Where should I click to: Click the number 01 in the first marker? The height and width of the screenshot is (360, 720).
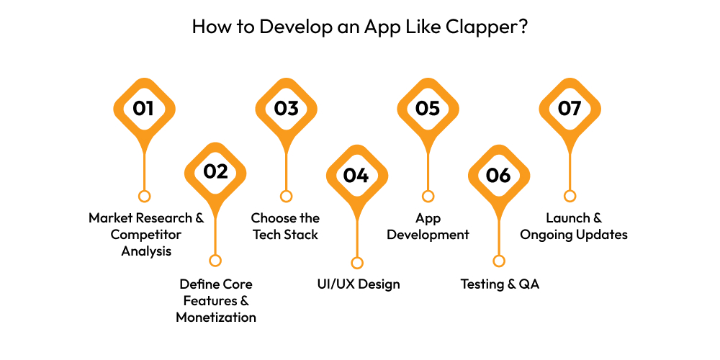point(144,109)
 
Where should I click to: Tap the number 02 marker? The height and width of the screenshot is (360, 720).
point(215,171)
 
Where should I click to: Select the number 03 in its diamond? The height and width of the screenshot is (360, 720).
point(286,109)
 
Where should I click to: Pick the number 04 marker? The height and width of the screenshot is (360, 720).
point(356,176)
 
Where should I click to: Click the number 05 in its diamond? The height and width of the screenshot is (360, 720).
point(428,109)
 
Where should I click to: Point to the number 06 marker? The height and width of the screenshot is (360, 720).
point(498,176)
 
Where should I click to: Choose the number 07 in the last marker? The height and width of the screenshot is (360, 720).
point(570,109)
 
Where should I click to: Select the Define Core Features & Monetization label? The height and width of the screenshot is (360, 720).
point(216,300)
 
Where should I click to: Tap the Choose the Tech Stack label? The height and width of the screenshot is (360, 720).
point(285,226)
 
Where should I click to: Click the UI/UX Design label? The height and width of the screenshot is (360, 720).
point(359,284)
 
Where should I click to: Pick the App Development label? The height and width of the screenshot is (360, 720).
point(428,226)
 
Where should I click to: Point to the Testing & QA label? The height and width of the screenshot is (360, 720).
point(500,284)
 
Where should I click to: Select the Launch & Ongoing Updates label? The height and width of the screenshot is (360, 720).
point(573,226)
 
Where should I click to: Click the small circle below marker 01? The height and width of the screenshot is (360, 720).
point(144,196)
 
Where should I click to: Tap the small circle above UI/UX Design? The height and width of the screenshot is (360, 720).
point(356,263)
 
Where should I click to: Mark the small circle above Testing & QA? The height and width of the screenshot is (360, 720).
point(498,261)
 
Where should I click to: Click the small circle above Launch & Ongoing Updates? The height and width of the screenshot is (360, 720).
point(570,196)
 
